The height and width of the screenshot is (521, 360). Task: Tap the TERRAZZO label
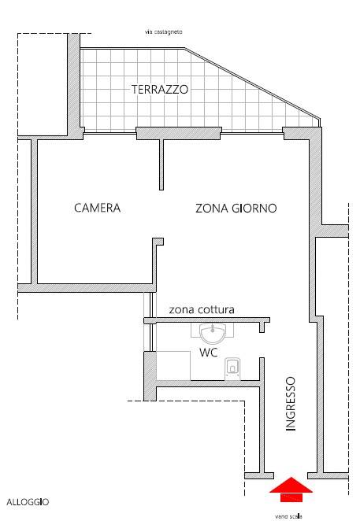(x=160, y=90)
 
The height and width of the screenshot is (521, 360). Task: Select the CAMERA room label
(x=97, y=209)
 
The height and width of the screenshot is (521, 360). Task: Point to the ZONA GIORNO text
(x=236, y=209)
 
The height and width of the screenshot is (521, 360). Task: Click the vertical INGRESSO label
(x=291, y=404)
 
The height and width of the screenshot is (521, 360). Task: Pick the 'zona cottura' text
(x=202, y=310)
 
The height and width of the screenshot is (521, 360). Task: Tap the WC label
(x=208, y=353)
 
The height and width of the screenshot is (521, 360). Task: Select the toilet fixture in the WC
(x=233, y=367)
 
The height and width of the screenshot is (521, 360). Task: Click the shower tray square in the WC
(x=173, y=365)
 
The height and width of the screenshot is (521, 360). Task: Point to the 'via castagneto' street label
(x=163, y=32)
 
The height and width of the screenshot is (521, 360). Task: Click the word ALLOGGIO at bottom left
(x=28, y=501)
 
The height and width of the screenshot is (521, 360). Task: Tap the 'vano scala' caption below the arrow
(x=288, y=516)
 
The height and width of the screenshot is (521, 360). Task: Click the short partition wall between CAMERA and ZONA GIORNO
(x=162, y=164)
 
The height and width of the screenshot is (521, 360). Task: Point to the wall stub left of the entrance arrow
(x=259, y=475)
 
